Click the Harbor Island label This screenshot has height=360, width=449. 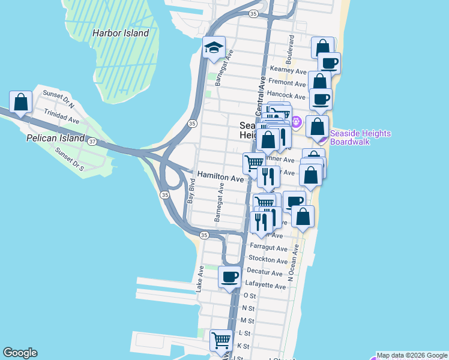click(121, 33)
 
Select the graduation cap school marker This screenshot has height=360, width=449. click(213, 49)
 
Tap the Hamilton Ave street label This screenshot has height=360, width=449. click(221, 178)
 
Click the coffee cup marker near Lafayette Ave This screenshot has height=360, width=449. click(230, 277)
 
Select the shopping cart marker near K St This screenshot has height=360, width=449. click(221, 340)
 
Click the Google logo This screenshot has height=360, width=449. click(20, 353)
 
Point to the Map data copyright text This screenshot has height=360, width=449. click(412, 355)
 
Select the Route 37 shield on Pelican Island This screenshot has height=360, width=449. click(92, 142)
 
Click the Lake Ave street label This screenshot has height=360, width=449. click(199, 280)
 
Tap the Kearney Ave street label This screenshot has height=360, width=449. click(289, 70)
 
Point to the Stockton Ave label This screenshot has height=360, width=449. click(268, 260)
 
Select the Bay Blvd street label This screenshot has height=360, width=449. click(191, 192)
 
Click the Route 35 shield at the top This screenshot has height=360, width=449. click(254, 13)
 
